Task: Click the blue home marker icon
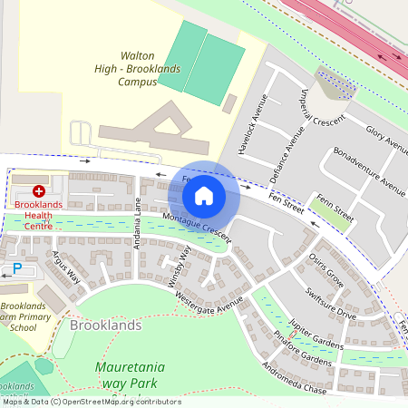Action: tap(204, 196)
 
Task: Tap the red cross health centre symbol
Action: tap(39, 191)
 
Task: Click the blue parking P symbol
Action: tap(16, 268)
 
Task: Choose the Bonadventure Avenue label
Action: tap(369, 171)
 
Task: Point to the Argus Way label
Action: tap(65, 268)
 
